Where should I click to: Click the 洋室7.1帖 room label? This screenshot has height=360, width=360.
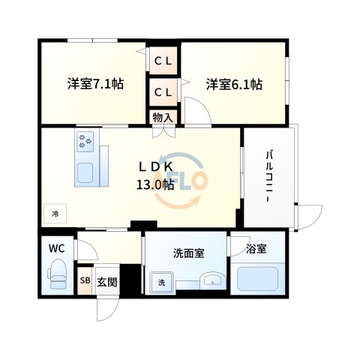click(x=94, y=84)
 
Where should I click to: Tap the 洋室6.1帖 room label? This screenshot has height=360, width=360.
click(x=234, y=84)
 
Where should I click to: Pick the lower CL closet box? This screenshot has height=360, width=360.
click(x=163, y=91)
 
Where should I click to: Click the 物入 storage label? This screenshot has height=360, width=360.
click(x=162, y=117)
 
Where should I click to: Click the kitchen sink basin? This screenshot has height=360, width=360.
click(x=85, y=171)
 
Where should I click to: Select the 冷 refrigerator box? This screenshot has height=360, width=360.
click(x=55, y=214)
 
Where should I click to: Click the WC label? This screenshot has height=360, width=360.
click(x=56, y=248)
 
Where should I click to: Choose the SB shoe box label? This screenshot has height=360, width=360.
click(x=85, y=282)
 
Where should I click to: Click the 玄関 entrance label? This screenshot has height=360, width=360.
click(x=106, y=282)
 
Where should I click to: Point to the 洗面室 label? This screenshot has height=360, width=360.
click(x=188, y=253)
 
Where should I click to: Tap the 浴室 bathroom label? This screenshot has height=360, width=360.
click(x=256, y=248)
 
